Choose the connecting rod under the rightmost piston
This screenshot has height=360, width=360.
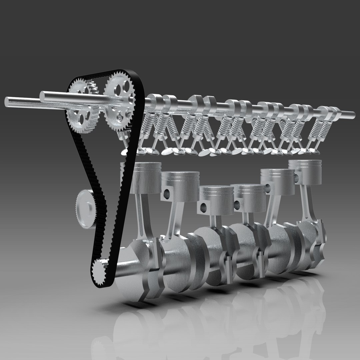(x=305, y=203)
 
